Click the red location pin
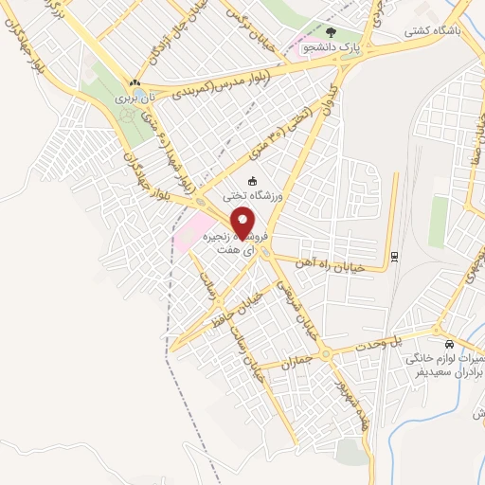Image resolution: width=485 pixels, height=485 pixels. point(242,223)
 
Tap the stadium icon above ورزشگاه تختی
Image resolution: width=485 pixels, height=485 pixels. point(251,181)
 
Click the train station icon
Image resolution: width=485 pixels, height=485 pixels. point(393,256)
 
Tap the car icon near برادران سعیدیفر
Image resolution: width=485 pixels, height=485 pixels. point(448,344)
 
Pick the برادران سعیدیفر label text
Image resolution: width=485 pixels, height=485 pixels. point(446,374)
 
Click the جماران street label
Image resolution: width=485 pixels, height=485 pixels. point(296,363)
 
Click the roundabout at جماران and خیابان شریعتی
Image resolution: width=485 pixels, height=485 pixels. point(325,354)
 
